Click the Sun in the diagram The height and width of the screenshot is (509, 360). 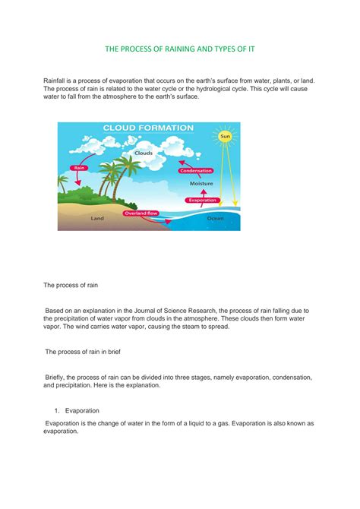click(x=224, y=138)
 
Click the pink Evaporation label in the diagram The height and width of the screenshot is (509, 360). click(x=202, y=200)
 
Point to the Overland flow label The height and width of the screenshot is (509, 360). click(x=141, y=213)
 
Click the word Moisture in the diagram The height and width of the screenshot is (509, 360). click(x=201, y=183)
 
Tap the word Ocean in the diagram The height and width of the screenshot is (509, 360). click(x=216, y=218)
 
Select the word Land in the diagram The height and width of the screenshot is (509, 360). click(x=97, y=218)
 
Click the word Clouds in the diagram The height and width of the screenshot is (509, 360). click(x=144, y=153)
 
